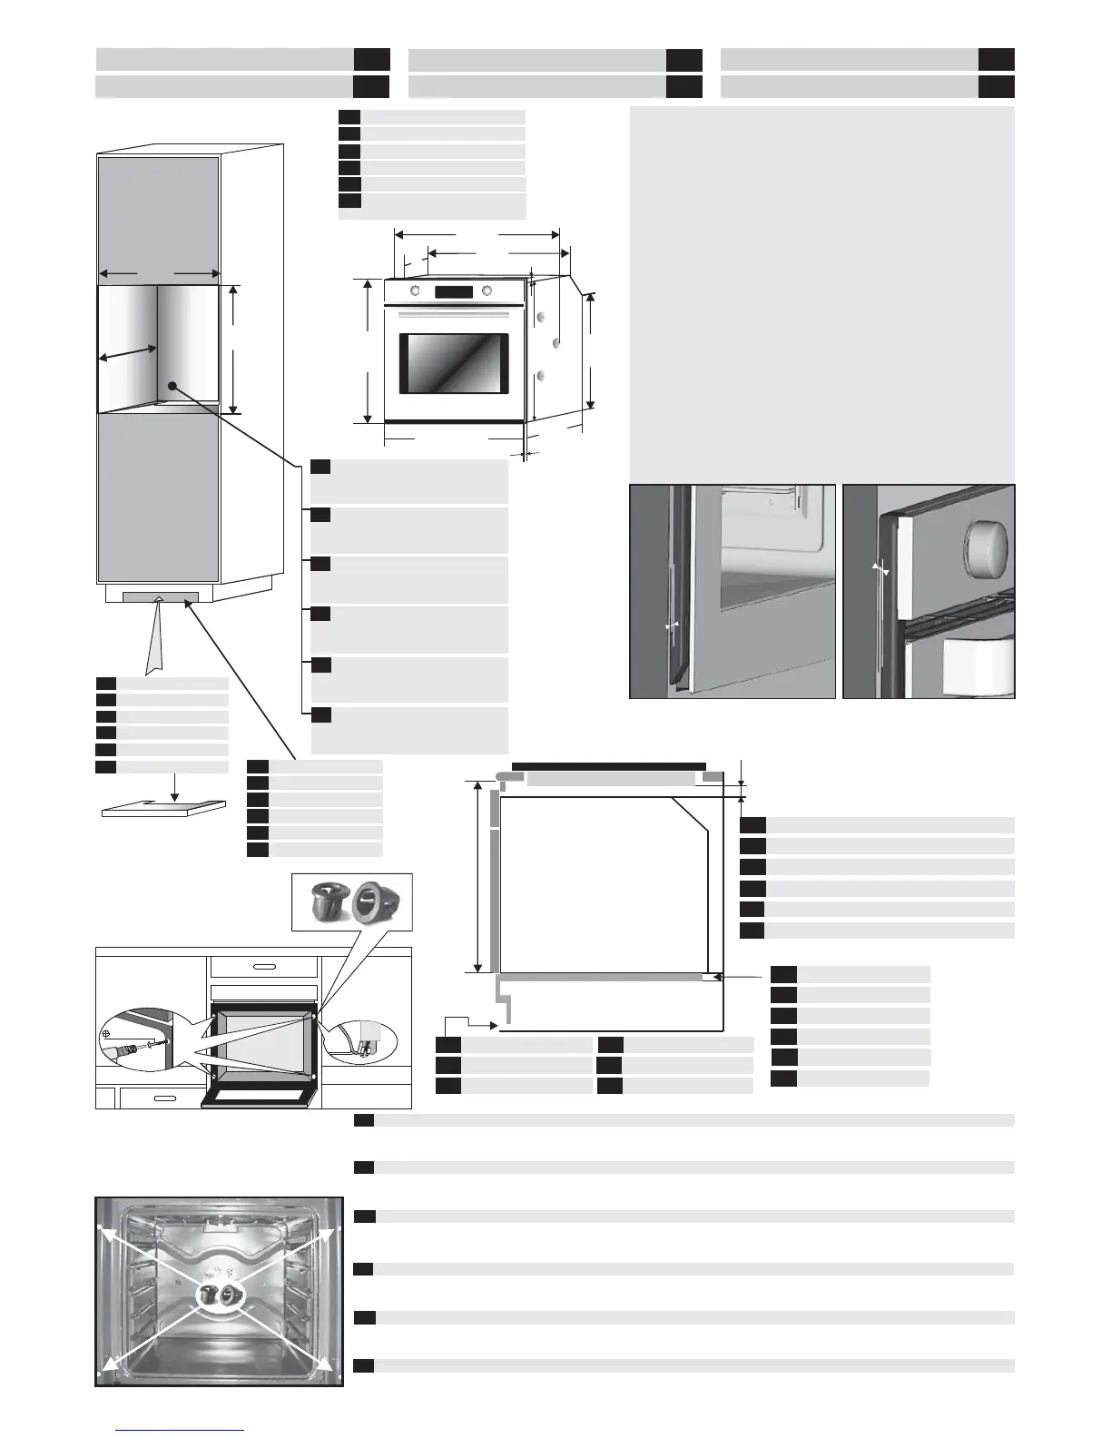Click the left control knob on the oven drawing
pyautogui.click(x=416, y=291)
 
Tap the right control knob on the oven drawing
pyautogui.click(x=487, y=291)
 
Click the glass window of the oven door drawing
pyautogui.click(x=453, y=363)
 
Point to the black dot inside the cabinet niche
pyautogui.click(x=171, y=385)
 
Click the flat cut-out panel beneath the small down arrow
pyautogui.click(x=163, y=808)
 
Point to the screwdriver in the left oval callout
pyautogui.click(x=127, y=1052)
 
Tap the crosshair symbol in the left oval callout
pyautogui.click(x=107, y=1033)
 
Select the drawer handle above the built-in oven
pyautogui.click(x=263, y=967)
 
